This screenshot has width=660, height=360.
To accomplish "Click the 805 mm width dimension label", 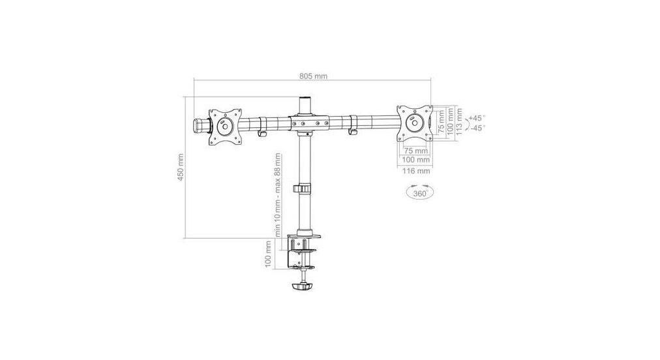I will coord(313,76).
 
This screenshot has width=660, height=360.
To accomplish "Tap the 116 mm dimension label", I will coord(415,172).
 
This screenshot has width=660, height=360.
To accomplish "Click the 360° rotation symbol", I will coord(418,193).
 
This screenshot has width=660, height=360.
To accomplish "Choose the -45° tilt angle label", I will coord(477,128).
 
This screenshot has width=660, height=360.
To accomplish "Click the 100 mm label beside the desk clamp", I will coord(269,254).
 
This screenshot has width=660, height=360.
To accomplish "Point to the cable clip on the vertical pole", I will coord(302,188).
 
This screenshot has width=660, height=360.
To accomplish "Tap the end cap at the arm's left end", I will coord(198,124).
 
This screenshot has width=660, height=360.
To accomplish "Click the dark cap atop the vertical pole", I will coord(305,104).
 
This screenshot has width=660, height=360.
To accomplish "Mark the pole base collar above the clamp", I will coord(305,232).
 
